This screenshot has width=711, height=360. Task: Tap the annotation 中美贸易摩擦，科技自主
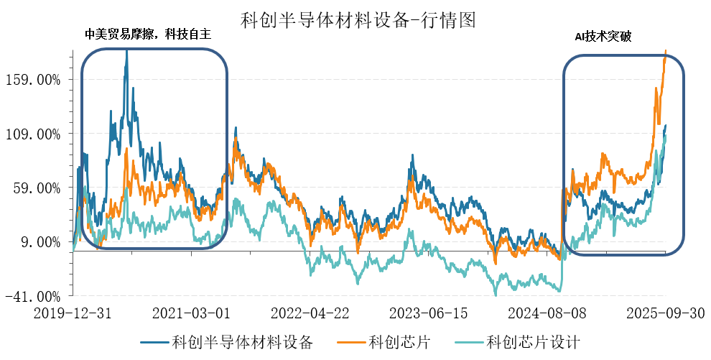coord(152,35)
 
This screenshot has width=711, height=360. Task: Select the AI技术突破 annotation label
coord(603,37)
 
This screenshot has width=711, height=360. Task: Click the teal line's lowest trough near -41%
coord(496,294)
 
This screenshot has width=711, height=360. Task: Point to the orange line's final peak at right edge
coord(666,51)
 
